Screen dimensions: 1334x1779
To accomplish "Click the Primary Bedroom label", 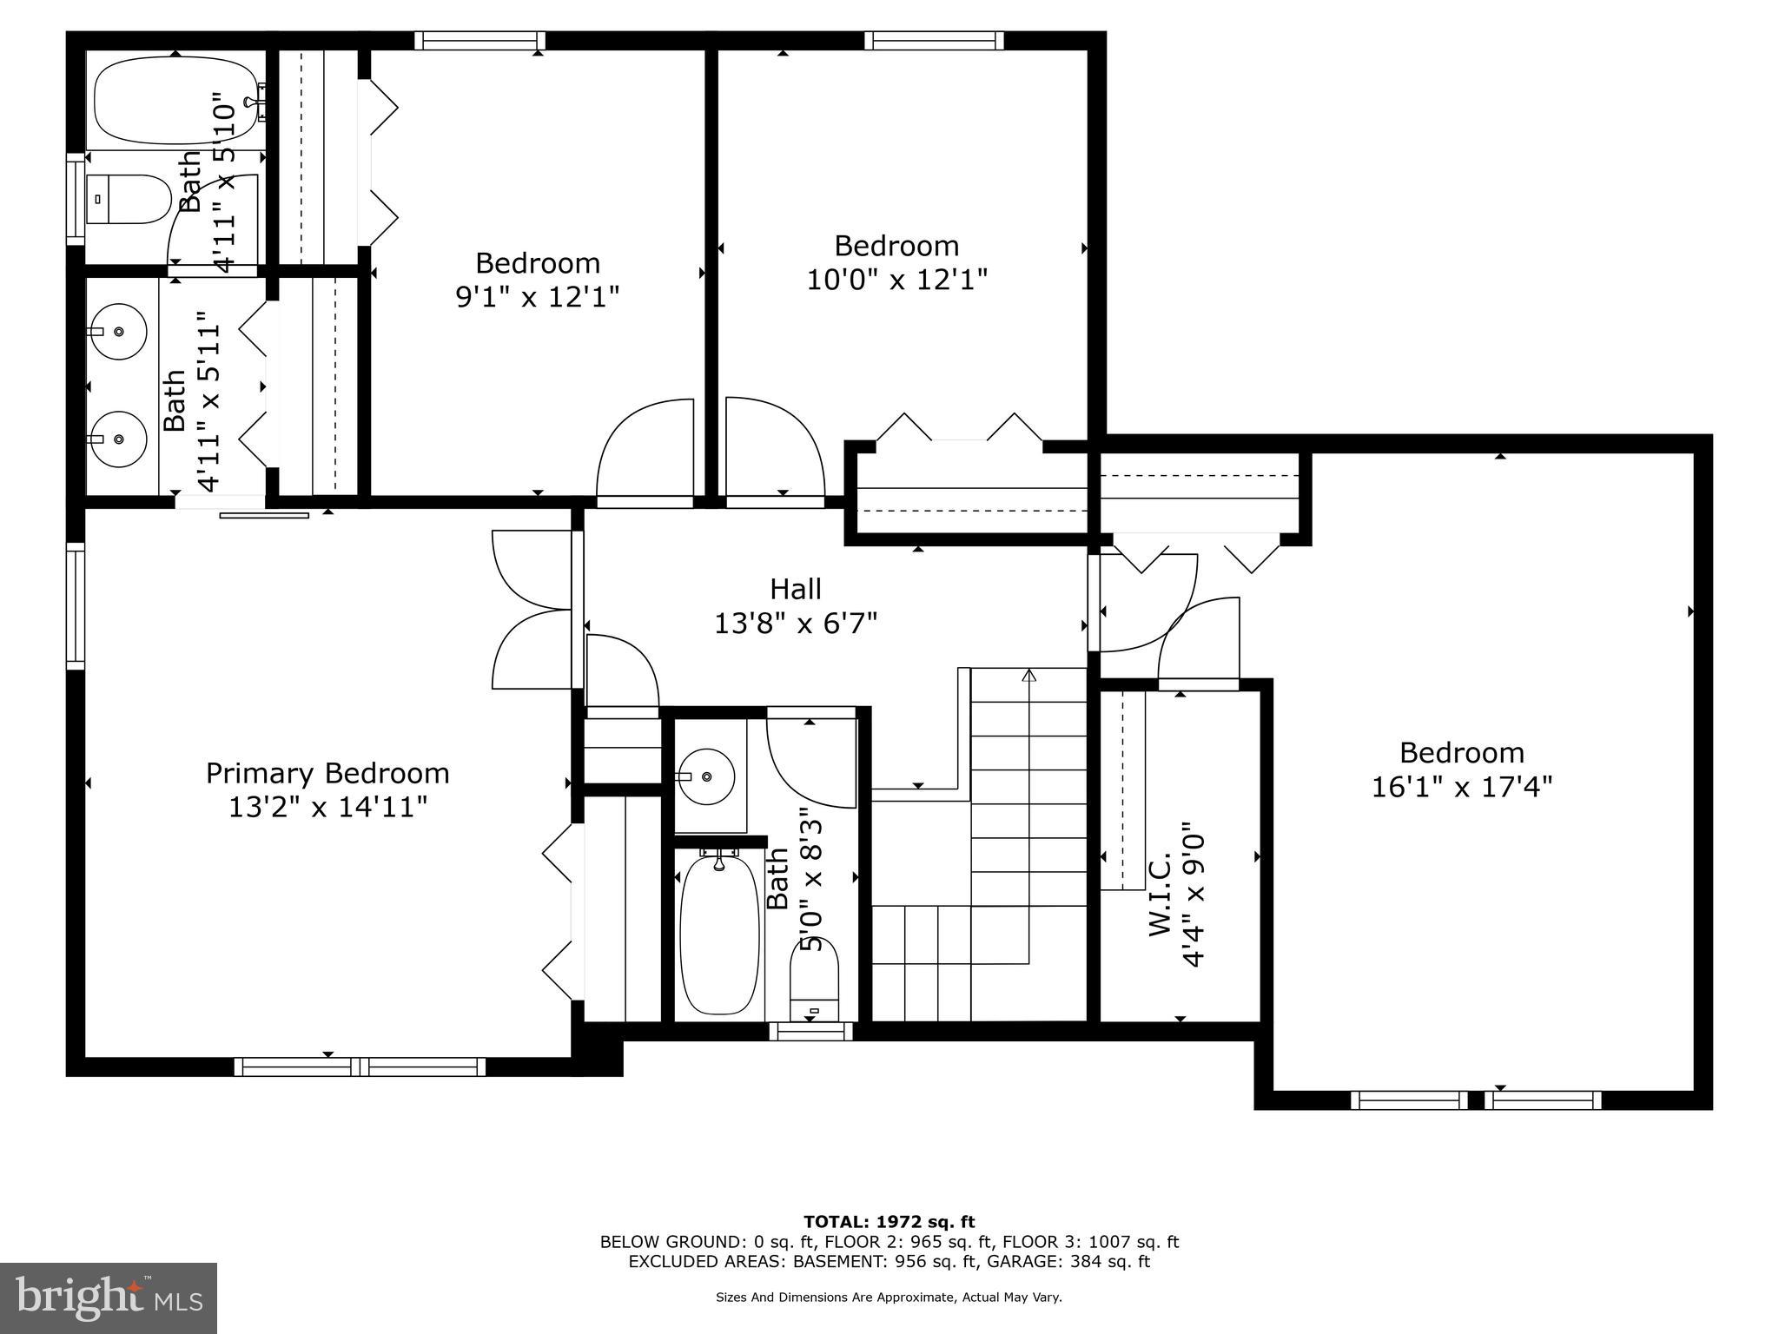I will click(x=327, y=773).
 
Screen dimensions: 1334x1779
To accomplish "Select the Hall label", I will click(x=795, y=590).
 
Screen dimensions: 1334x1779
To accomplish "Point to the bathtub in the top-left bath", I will click(x=176, y=101).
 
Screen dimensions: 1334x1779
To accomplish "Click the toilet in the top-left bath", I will click(x=129, y=200).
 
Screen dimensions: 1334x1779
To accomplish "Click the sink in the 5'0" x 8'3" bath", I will click(x=706, y=776).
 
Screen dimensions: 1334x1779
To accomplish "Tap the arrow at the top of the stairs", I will click(x=1029, y=675).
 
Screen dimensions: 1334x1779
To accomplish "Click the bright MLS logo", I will click(x=109, y=1298).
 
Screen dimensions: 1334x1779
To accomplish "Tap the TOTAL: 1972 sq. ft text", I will click(x=889, y=1222).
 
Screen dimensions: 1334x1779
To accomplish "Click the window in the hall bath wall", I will click(x=811, y=1032).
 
